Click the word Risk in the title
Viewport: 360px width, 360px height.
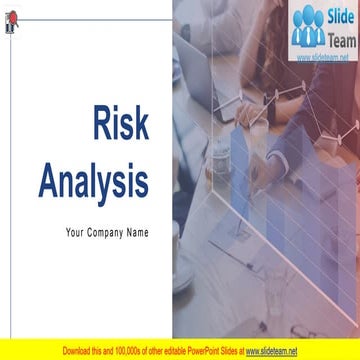pyautogui.click(x=120, y=124)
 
